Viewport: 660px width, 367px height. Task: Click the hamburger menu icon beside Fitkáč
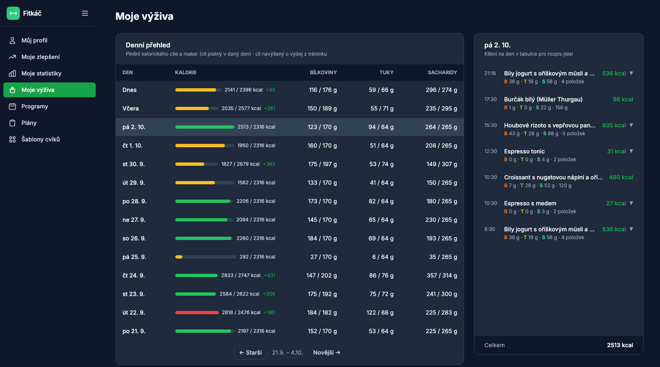(x=85, y=13)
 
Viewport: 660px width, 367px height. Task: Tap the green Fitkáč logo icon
(x=13, y=13)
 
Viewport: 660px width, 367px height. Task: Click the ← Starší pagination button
(x=250, y=353)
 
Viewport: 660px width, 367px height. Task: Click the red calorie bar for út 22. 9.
(x=197, y=313)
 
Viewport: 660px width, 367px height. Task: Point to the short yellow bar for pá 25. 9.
(x=179, y=257)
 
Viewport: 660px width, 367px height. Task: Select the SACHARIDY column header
(x=442, y=73)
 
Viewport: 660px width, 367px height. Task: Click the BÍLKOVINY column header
(x=323, y=73)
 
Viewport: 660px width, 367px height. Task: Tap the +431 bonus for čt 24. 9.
(x=269, y=275)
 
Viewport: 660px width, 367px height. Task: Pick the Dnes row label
(x=130, y=90)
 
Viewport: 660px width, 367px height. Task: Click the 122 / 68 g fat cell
(x=380, y=313)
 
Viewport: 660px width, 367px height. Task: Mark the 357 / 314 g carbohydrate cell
(x=442, y=275)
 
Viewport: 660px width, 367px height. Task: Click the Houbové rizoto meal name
(x=549, y=125)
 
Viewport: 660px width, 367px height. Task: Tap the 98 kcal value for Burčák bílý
(x=623, y=99)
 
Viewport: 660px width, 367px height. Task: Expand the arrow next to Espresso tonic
(x=631, y=151)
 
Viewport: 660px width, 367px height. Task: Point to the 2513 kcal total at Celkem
(x=620, y=345)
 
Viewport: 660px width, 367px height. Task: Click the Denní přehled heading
(x=148, y=45)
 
